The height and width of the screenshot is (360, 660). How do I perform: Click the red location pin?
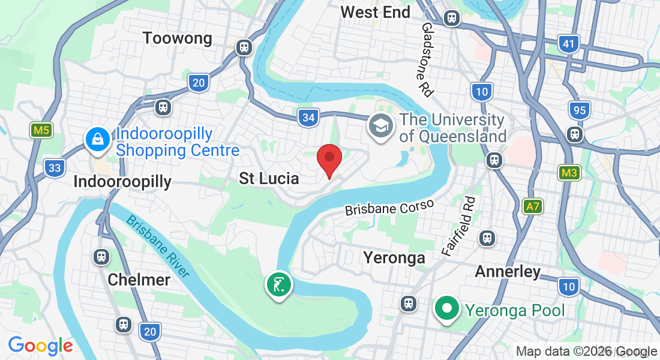(329, 160)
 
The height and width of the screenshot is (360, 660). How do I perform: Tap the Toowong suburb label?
(178, 38)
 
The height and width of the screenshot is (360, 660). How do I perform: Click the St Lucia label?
(269, 178)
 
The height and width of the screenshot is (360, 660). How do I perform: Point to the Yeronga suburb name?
(394, 258)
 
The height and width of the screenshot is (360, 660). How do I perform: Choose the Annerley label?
(508, 272)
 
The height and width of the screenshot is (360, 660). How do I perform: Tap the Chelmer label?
(139, 280)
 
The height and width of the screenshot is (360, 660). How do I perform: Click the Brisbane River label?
(158, 246)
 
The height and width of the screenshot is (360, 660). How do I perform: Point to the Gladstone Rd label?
(427, 60)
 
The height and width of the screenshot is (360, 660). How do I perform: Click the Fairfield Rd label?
(458, 226)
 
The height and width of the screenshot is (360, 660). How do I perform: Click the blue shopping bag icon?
(97, 140)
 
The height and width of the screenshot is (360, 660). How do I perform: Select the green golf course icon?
(278, 284)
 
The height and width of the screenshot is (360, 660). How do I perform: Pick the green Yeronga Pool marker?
(446, 309)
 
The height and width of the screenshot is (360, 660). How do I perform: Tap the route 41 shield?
(569, 44)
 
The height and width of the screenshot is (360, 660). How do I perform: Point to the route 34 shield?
(308, 118)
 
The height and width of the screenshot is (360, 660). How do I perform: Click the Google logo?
(41, 346)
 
